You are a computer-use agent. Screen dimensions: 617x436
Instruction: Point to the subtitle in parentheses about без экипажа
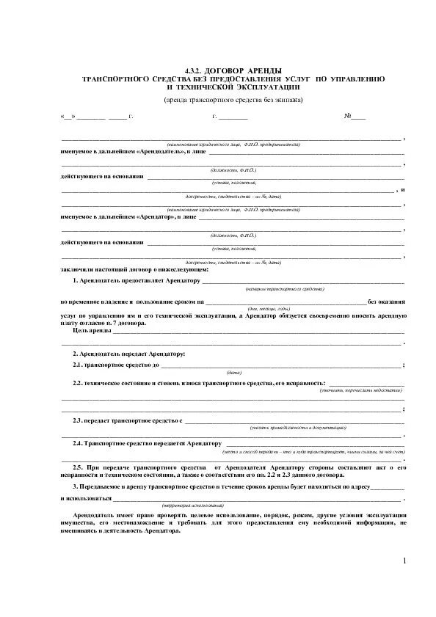pyautogui.click(x=232, y=99)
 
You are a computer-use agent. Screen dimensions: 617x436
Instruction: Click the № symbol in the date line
pyautogui.click(x=349, y=117)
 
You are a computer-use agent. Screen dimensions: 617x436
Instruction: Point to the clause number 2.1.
pyautogui.click(x=78, y=365)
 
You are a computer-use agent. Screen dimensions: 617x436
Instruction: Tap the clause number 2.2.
pyautogui.click(x=78, y=384)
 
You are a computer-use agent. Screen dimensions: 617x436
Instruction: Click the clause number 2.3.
pyautogui.click(x=78, y=421)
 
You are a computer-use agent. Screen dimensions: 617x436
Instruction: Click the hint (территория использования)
pyautogui.click(x=192, y=506)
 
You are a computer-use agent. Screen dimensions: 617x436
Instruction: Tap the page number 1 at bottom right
pyautogui.click(x=403, y=561)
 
